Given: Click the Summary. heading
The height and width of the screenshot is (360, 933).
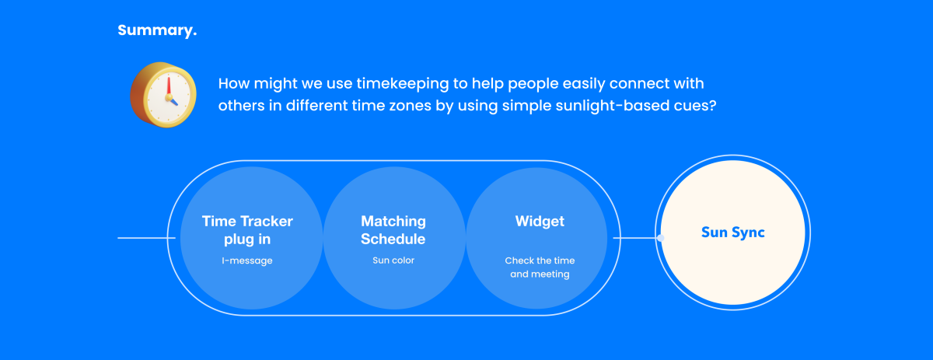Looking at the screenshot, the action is click(x=157, y=30).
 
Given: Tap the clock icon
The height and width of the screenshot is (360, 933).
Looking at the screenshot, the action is click(x=163, y=95).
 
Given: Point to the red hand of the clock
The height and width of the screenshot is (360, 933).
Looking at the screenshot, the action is click(x=169, y=86).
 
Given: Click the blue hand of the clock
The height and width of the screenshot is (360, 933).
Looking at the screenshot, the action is click(x=173, y=101).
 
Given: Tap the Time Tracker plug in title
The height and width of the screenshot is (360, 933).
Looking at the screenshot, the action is click(x=247, y=230).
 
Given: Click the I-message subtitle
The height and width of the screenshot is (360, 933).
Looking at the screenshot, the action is click(x=247, y=260).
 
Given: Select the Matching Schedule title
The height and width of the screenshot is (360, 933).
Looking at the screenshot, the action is click(x=393, y=230).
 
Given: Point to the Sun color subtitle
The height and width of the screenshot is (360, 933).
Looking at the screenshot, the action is click(x=393, y=260).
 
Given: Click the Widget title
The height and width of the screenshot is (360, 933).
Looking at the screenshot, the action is click(x=540, y=222).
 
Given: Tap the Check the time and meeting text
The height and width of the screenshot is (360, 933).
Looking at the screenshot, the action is click(x=540, y=267).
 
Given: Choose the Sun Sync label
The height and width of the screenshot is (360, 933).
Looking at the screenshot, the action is click(x=733, y=232).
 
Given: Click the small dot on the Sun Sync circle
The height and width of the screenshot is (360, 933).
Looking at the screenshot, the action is click(x=661, y=238).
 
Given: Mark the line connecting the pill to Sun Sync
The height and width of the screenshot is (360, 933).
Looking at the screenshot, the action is click(x=635, y=238).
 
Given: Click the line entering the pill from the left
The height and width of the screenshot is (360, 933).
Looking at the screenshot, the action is click(x=147, y=238).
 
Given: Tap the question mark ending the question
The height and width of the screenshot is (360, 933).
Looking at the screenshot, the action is click(x=712, y=105).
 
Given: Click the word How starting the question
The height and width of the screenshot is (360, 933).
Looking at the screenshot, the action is click(x=234, y=84).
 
